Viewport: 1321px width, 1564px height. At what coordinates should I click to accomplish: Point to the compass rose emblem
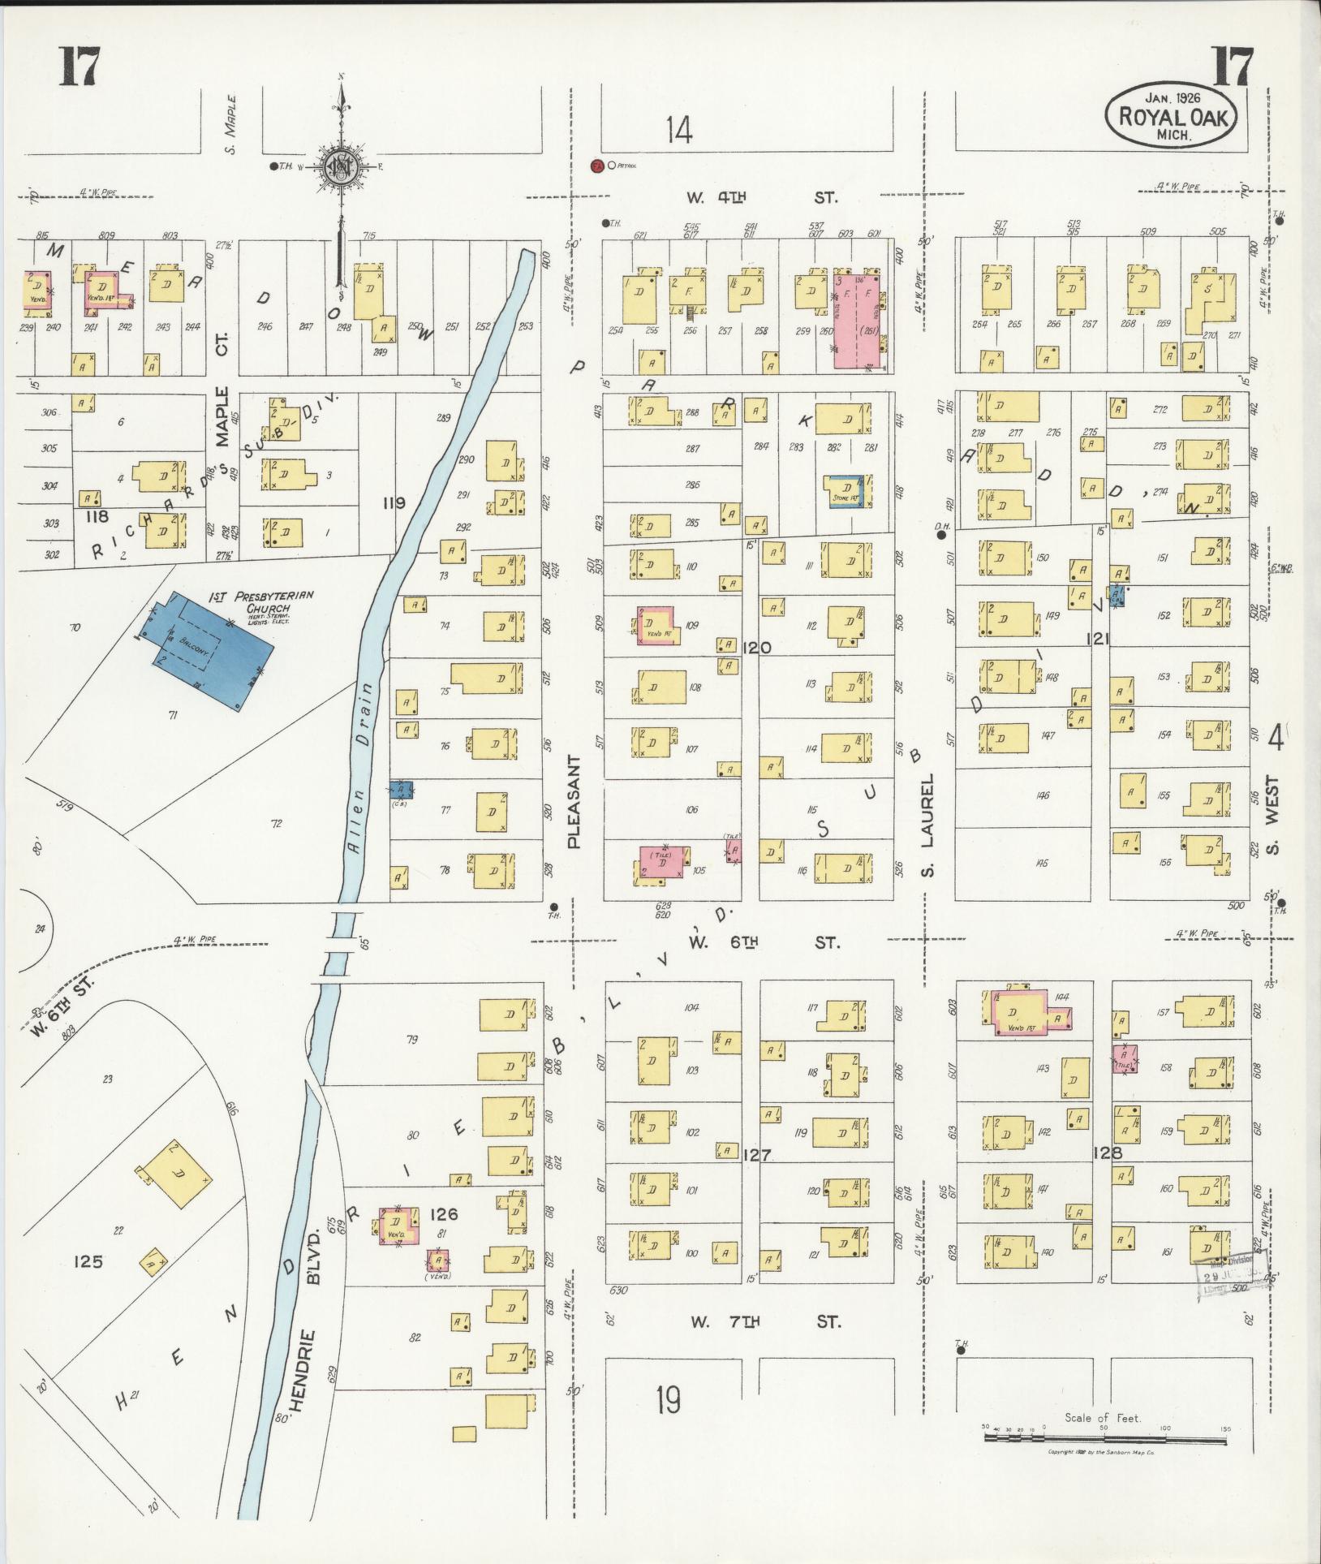point(340,166)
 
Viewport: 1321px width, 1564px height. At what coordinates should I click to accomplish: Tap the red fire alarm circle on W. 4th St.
point(596,166)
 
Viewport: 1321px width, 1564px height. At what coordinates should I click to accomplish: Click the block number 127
point(756,1155)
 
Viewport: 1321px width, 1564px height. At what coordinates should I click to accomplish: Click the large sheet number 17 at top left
point(79,67)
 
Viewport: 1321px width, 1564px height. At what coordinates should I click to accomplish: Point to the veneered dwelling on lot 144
point(1025,1012)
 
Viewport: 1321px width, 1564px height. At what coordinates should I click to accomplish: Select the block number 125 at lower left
point(87,1261)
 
